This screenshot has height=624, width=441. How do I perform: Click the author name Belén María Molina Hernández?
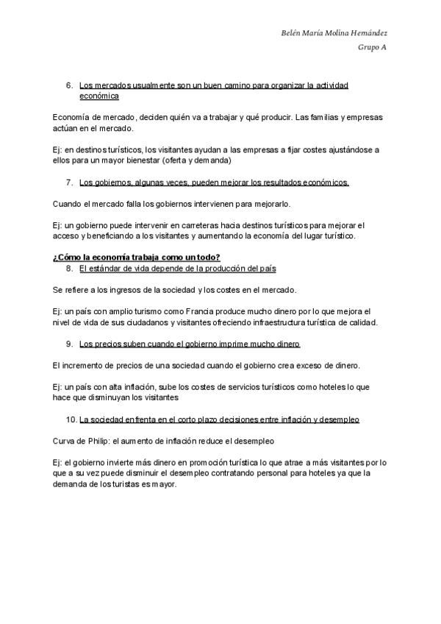334,33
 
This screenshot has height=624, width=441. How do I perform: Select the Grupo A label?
373,48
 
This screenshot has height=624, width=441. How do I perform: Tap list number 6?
69,86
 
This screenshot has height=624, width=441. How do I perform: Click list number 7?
69,182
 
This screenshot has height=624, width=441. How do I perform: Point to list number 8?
69,269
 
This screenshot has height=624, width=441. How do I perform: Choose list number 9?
69,344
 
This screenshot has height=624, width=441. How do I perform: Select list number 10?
71,419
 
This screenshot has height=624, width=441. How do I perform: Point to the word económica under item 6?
98,96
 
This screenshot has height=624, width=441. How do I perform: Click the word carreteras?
188,224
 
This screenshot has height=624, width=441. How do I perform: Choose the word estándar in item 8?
101,269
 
